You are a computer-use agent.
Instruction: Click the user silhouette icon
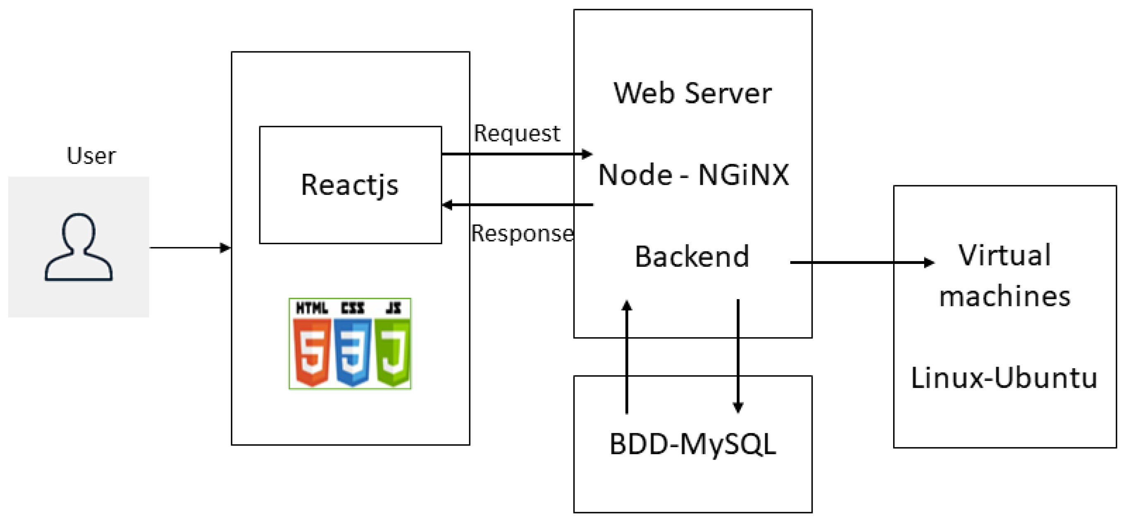click(79, 247)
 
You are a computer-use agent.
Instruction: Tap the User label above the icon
click(91, 156)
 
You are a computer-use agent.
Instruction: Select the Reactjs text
click(350, 185)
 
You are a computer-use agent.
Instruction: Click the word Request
click(517, 133)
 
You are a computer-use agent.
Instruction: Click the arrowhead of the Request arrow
click(587, 154)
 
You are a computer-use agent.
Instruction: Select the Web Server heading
click(693, 93)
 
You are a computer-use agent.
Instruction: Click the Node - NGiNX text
click(693, 175)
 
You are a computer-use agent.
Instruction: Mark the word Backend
click(692, 256)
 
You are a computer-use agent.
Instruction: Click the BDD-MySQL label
click(693, 445)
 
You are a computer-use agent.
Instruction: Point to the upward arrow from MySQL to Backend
click(627, 358)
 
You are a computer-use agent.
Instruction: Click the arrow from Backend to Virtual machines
click(860, 263)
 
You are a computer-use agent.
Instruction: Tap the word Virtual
click(1004, 255)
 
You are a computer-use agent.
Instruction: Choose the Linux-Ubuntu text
click(1004, 378)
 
